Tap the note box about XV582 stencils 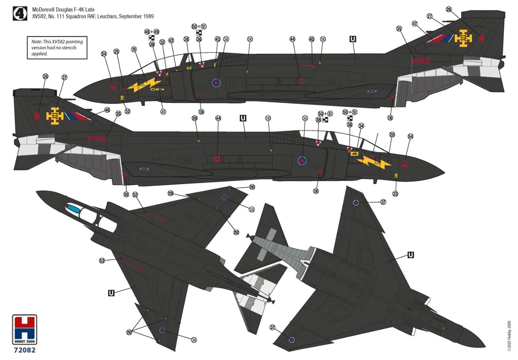pos(57,47)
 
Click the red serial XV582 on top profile pos(421,61)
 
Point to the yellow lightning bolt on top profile pos(144,85)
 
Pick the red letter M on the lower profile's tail pos(37,117)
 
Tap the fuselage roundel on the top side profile pos(216,83)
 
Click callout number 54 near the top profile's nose pos(104,54)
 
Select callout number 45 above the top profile pos(312,39)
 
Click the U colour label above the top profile pos(353,39)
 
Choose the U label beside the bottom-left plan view pos(111,293)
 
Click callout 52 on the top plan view pos(135,194)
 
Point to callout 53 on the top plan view pos(102,261)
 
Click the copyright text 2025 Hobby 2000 pos(509,336)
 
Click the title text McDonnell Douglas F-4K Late pos(64,9)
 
